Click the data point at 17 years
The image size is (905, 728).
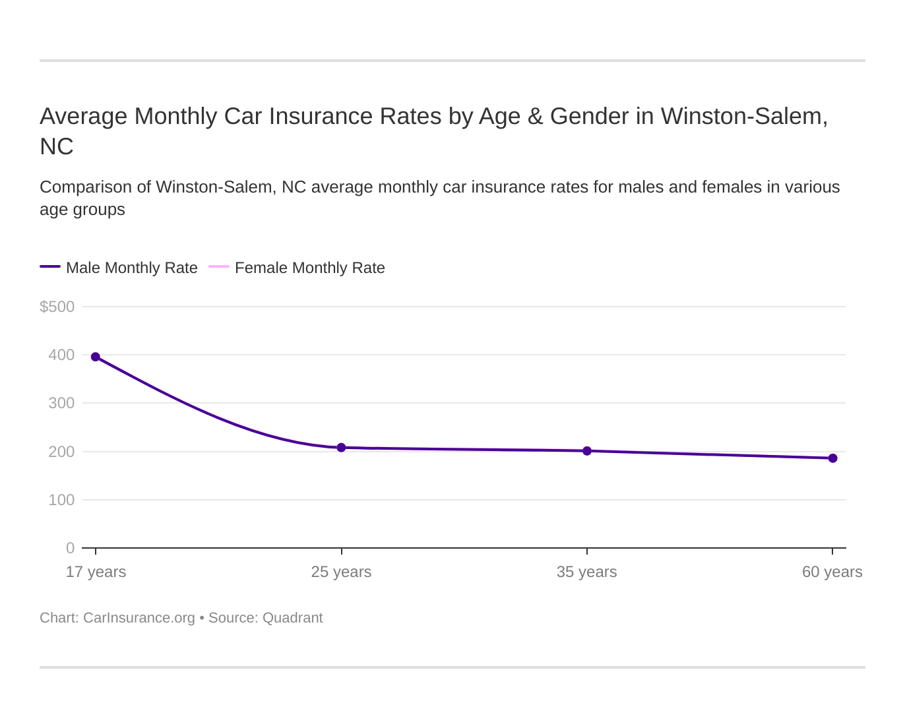click(96, 357)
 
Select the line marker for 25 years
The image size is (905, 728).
click(341, 448)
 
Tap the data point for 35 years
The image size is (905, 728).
click(587, 451)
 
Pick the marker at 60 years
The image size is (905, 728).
click(832, 458)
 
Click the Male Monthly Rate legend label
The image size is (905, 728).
click(132, 268)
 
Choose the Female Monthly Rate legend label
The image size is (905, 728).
click(309, 268)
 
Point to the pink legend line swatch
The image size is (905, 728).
click(219, 266)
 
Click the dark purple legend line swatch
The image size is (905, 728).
click(50, 266)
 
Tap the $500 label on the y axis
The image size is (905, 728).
click(57, 307)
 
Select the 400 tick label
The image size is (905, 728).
click(61, 355)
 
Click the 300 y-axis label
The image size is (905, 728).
click(61, 403)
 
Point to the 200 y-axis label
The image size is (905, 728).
click(61, 452)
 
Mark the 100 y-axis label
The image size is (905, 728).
click(61, 500)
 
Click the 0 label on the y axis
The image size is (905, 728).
click(70, 548)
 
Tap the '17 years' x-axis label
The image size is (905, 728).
click(96, 572)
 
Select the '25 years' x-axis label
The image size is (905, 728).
click(341, 572)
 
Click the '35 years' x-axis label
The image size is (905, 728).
click(587, 572)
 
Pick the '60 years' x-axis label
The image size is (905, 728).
click(832, 572)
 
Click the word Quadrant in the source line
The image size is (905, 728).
click(292, 618)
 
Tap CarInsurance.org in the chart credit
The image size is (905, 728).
click(139, 618)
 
